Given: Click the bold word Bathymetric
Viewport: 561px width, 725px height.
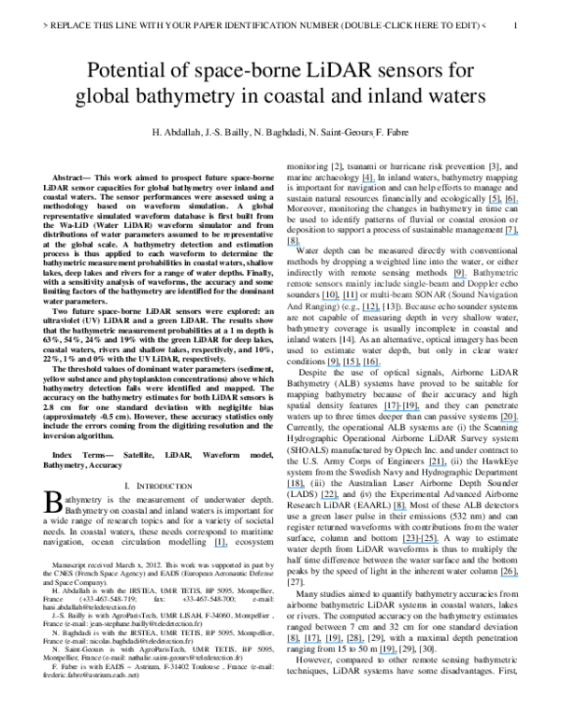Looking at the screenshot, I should [496, 272].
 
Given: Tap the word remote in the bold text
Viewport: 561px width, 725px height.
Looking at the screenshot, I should [298, 283].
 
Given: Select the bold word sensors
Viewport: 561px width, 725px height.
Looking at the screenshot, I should [326, 283].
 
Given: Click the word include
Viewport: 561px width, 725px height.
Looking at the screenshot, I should [386, 283].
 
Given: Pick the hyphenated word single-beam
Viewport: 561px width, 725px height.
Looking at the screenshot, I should [423, 283].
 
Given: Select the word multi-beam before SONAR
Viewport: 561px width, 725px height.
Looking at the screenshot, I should [384, 294].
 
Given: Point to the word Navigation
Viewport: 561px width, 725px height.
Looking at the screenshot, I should [497, 294].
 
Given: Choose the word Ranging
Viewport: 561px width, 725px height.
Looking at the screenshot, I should [319, 306].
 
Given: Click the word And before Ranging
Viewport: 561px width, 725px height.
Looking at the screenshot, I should [293, 306].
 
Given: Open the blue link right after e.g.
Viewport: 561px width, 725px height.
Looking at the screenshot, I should [371, 311].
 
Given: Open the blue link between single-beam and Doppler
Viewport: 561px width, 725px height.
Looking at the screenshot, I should [460, 277].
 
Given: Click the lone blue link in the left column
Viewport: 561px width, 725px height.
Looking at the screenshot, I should [221, 546].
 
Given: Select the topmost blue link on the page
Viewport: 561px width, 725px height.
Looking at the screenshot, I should [369, 181].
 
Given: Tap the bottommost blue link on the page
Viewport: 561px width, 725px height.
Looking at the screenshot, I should [387, 653].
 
